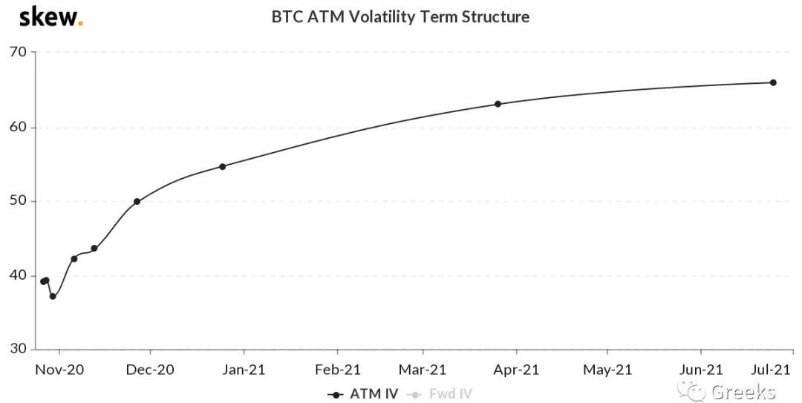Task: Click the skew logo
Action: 50,17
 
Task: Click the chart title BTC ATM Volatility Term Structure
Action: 401,16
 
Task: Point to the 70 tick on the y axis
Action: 18,52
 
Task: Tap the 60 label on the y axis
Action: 18,127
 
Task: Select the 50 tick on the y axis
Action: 18,201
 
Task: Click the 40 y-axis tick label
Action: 18,276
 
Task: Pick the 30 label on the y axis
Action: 18,350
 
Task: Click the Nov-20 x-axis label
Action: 60,369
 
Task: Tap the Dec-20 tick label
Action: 150,369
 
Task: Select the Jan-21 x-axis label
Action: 244,369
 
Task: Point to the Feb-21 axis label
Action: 337,369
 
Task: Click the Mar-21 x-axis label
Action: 423,369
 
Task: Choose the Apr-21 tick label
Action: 516,369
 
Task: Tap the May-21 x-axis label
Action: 607,369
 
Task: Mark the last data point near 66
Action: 773,82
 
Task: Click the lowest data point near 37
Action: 53,296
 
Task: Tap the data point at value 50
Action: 137,201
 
